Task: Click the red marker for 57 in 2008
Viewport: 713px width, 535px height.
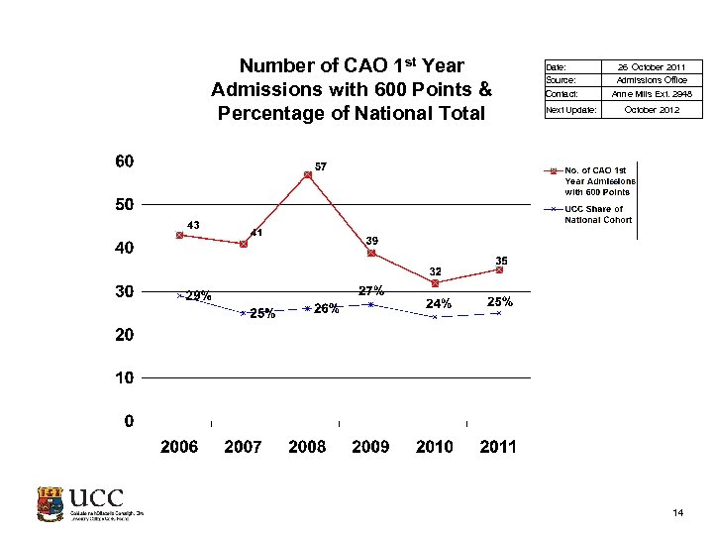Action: [308, 174]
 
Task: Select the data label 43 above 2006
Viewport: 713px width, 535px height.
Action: [193, 225]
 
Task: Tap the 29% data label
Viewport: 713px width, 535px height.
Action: [198, 295]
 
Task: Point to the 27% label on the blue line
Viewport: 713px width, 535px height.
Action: [371, 291]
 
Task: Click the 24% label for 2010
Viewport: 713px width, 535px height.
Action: [439, 303]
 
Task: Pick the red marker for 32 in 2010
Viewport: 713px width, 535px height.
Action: [435, 283]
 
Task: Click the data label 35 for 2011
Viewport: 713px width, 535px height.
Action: [501, 261]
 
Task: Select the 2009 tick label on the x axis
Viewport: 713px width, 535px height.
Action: [370, 447]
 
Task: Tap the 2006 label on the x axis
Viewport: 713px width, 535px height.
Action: [179, 447]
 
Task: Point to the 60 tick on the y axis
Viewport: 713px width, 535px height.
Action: [125, 160]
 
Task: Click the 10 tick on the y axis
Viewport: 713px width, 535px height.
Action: [125, 377]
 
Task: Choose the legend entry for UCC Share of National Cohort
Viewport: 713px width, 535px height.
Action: [594, 214]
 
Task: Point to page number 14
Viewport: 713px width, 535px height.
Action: [678, 512]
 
